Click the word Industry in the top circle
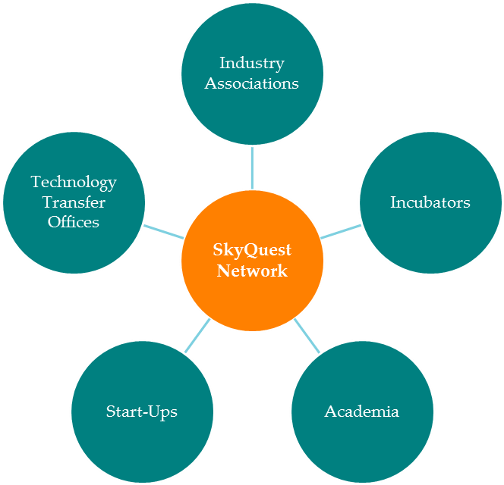point(251,63)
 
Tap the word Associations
point(251,83)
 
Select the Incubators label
point(430,202)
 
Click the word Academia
point(361,411)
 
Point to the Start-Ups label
point(142,411)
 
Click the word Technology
point(74,182)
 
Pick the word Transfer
point(74,202)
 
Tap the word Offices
point(74,222)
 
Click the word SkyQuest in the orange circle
point(252,250)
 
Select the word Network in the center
point(252,271)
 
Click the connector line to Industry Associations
point(252,167)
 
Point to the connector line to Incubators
point(341,231)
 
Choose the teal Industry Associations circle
point(251,114)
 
